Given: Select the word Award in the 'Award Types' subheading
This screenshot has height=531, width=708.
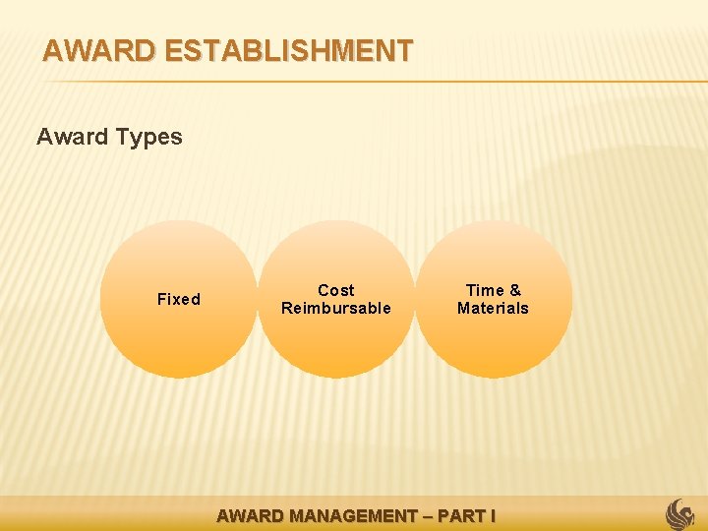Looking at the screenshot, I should [72, 137].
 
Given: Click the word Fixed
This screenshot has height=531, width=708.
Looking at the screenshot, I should [179, 299].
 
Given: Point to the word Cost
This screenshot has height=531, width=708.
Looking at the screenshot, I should [336, 290].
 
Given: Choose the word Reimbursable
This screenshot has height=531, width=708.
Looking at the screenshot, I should [336, 308].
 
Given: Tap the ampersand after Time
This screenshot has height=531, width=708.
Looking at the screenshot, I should [515, 290].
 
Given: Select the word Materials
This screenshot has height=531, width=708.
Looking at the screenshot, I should [493, 308].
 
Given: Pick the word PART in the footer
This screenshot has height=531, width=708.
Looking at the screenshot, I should [461, 515].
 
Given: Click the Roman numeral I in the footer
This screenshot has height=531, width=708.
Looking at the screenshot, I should [492, 515].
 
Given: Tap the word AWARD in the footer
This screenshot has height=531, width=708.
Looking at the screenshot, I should [248, 515].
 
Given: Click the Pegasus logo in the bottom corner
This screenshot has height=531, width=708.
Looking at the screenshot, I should [680, 513].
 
